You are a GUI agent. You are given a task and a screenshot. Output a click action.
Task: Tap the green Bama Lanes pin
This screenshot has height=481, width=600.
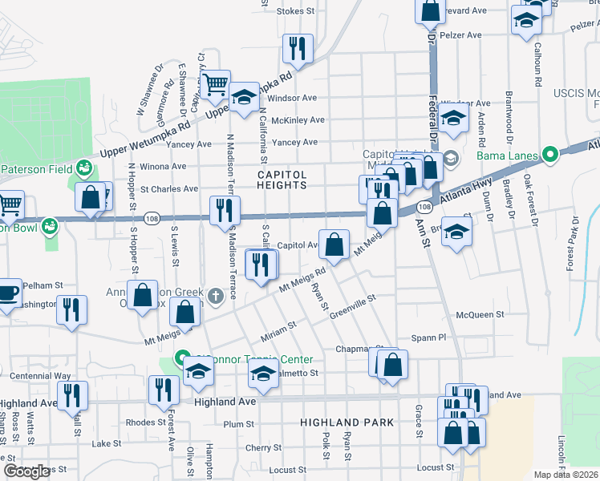click(x=550, y=154)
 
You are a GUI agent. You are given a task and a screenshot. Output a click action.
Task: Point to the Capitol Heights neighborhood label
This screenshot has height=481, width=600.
click(x=282, y=180)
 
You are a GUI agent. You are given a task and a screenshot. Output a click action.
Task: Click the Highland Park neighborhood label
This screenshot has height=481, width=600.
click(x=347, y=422)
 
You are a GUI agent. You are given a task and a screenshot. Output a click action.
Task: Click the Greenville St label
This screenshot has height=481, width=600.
click(x=354, y=306)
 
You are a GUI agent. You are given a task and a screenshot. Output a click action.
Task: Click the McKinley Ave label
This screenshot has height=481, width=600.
click(x=298, y=120)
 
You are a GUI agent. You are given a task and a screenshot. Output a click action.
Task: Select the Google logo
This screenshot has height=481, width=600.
click(x=27, y=471)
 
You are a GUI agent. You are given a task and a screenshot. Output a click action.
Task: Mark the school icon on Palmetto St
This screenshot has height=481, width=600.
click(x=262, y=374)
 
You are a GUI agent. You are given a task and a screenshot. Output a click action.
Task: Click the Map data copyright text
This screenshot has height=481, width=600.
click(x=566, y=475)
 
